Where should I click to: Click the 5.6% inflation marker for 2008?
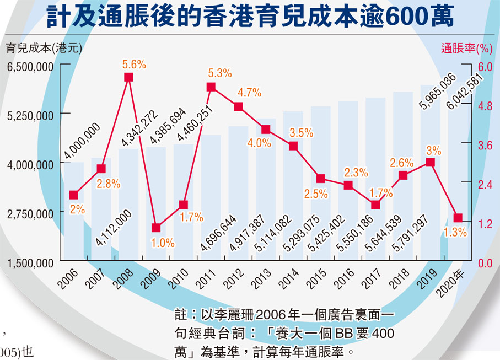pos(128,78)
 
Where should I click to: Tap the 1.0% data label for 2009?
pos(163,242)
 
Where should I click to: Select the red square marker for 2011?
pos(211,87)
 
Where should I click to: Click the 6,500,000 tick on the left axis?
pos(30,66)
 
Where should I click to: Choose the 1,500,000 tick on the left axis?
pos(30,262)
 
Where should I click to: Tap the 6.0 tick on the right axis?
pos(485,66)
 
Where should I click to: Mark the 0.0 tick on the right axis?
pos(485,263)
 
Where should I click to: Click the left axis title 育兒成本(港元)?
pos(44,48)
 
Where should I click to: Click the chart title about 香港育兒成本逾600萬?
pos(250,17)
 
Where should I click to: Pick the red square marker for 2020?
pos(458,218)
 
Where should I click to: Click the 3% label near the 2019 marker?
pos(433,150)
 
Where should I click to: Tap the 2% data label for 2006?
pos(77,209)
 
